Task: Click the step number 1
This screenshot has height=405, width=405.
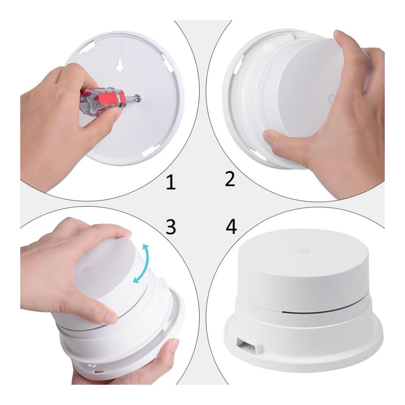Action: (171, 182)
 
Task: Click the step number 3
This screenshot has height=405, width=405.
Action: (171, 227)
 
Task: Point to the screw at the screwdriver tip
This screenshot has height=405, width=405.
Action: (139, 98)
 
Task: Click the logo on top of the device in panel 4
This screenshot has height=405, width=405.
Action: (302, 250)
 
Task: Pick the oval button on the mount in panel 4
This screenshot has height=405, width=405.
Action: (253, 304)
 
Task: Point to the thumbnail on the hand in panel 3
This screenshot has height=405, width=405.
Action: (110, 317)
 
